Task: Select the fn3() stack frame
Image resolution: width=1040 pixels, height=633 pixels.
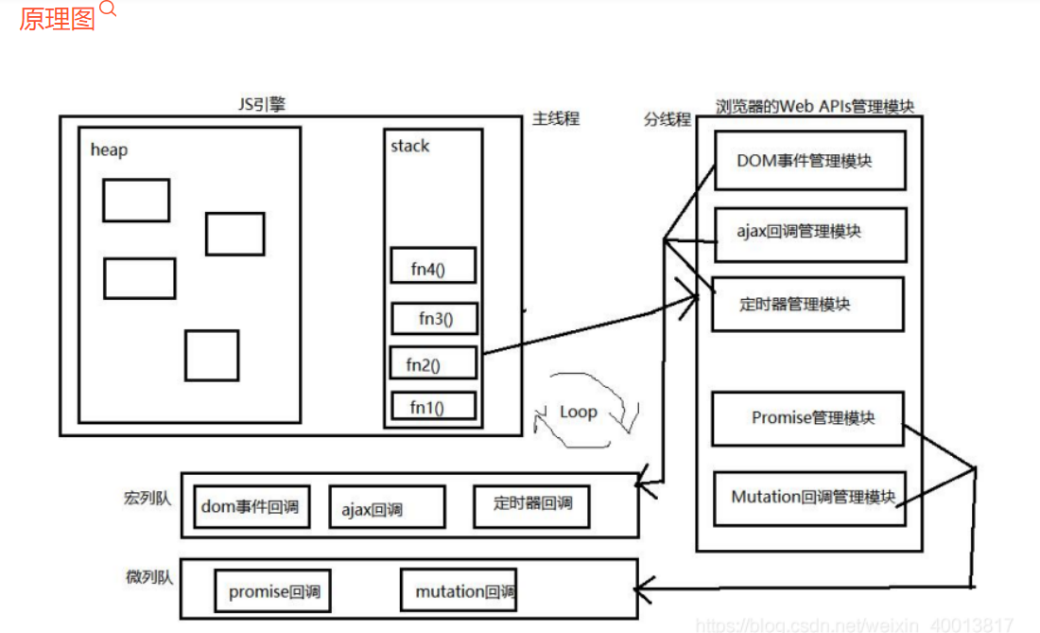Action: tap(435, 319)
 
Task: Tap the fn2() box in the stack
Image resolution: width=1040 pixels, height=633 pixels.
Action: tap(432, 363)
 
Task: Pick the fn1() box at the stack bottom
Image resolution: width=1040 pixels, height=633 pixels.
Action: tap(432, 408)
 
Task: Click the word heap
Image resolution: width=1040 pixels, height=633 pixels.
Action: tap(109, 149)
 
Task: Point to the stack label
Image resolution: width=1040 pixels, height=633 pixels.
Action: tap(409, 146)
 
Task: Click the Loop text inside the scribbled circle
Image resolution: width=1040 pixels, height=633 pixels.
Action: tap(578, 412)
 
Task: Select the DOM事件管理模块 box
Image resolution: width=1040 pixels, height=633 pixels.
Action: tap(809, 161)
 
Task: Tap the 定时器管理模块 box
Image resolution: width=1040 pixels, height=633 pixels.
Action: tap(807, 304)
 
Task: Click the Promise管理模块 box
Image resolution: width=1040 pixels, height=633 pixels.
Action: tap(807, 418)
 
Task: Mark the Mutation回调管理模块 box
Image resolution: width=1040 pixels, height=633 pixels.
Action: tap(809, 498)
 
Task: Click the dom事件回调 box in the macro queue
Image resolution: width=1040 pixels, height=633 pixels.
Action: tap(251, 506)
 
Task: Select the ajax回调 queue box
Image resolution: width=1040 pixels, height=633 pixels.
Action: tap(386, 508)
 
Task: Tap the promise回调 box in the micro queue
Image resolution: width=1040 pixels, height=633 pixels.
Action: tap(272, 593)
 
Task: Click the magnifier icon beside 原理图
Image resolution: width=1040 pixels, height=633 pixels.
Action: tap(108, 10)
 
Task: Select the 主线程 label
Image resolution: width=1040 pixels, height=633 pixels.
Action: tap(555, 118)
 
